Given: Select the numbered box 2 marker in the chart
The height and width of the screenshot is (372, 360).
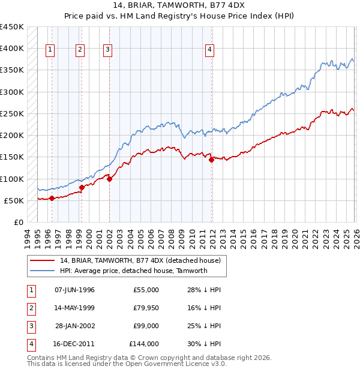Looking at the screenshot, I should click(x=80, y=50).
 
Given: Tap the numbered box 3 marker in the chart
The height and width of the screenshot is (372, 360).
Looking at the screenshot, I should click(x=107, y=50).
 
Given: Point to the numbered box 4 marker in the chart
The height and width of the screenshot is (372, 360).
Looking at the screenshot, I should click(x=210, y=50).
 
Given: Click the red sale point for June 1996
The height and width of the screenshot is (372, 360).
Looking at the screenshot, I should click(x=52, y=198).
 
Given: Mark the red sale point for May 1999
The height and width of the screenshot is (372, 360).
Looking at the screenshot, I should click(x=82, y=188).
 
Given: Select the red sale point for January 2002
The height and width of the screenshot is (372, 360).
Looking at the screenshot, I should click(x=110, y=179).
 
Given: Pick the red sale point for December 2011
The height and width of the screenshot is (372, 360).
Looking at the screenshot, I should click(x=212, y=160).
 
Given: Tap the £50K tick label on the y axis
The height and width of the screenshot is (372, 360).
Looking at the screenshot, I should click(x=14, y=200).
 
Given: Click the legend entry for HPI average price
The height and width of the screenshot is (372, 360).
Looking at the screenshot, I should click(x=133, y=271).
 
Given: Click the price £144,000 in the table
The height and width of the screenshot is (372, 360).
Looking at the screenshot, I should click(x=144, y=344).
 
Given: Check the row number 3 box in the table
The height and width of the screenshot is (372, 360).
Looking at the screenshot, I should click(x=30, y=326).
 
